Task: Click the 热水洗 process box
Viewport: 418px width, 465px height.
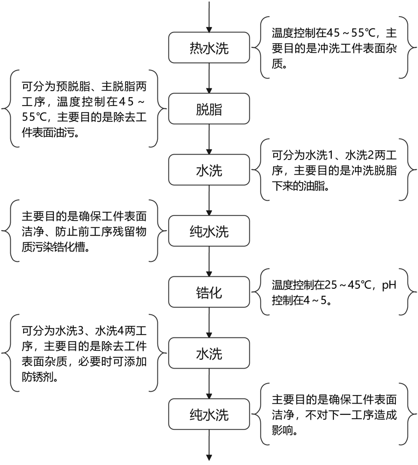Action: point(209,48)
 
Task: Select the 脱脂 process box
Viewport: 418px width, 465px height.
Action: point(209,110)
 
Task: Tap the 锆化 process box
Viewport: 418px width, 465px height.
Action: point(209,293)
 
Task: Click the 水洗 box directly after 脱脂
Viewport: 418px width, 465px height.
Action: point(209,171)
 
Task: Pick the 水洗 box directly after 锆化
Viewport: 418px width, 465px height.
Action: point(209,354)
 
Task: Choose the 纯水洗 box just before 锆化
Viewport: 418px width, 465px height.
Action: point(209,232)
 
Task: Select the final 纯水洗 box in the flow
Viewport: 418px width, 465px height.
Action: point(209,415)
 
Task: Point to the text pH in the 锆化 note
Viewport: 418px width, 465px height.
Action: point(389,284)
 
